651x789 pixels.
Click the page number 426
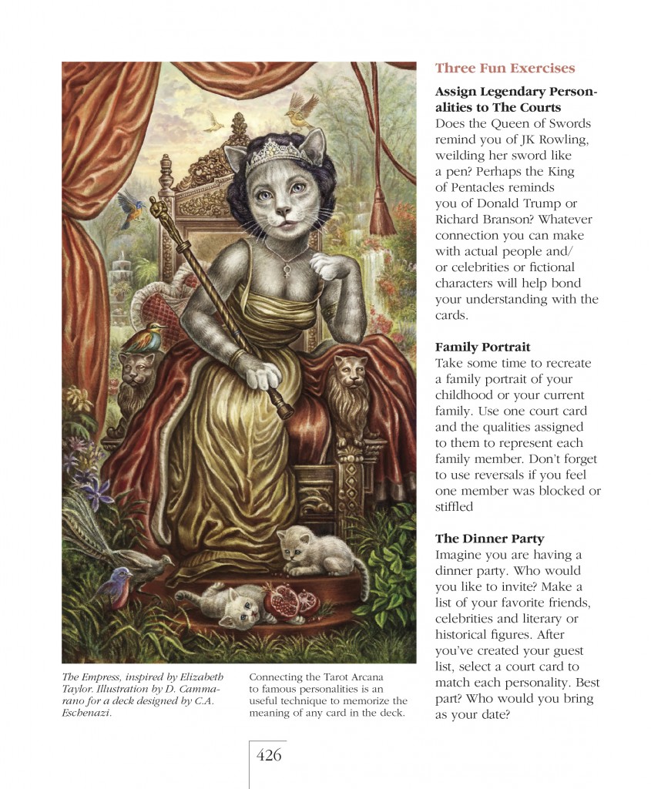coord(269,755)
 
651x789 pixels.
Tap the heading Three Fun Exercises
coord(505,69)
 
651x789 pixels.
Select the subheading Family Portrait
coord(482,347)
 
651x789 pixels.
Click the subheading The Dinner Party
coord(489,539)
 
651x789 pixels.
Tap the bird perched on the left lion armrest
coord(145,337)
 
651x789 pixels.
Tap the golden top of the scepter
coord(158,208)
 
